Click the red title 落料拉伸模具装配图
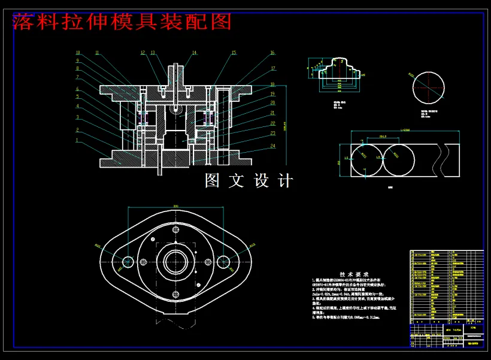point(122,22)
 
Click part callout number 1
point(77,140)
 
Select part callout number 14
point(194,53)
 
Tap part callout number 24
point(272,146)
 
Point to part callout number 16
point(272,53)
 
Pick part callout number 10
point(77,53)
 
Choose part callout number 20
point(272,103)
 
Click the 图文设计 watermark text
point(249,180)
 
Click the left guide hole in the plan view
point(128,262)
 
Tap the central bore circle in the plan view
point(176,262)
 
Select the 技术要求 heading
point(358,273)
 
